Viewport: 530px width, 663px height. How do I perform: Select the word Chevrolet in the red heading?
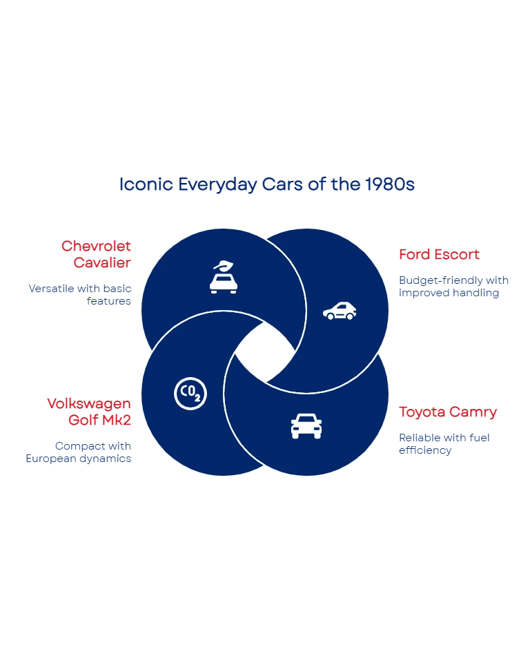(x=96, y=247)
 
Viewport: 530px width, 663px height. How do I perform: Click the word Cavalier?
(x=102, y=263)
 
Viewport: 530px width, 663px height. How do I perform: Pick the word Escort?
(x=456, y=254)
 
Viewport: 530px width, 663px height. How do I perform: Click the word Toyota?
(x=421, y=412)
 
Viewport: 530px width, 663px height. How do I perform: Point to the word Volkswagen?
(x=88, y=403)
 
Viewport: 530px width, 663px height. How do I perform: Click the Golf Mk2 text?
(x=99, y=420)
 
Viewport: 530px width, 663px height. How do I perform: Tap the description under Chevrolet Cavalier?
(x=80, y=295)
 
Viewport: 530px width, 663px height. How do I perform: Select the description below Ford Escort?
(x=455, y=287)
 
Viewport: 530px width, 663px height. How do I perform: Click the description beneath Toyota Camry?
(x=444, y=443)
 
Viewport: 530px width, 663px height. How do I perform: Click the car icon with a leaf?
(x=224, y=278)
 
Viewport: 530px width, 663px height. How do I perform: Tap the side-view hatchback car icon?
(x=340, y=311)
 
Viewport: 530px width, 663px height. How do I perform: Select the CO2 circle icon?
(x=190, y=394)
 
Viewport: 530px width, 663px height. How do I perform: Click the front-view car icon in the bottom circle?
(x=306, y=425)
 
